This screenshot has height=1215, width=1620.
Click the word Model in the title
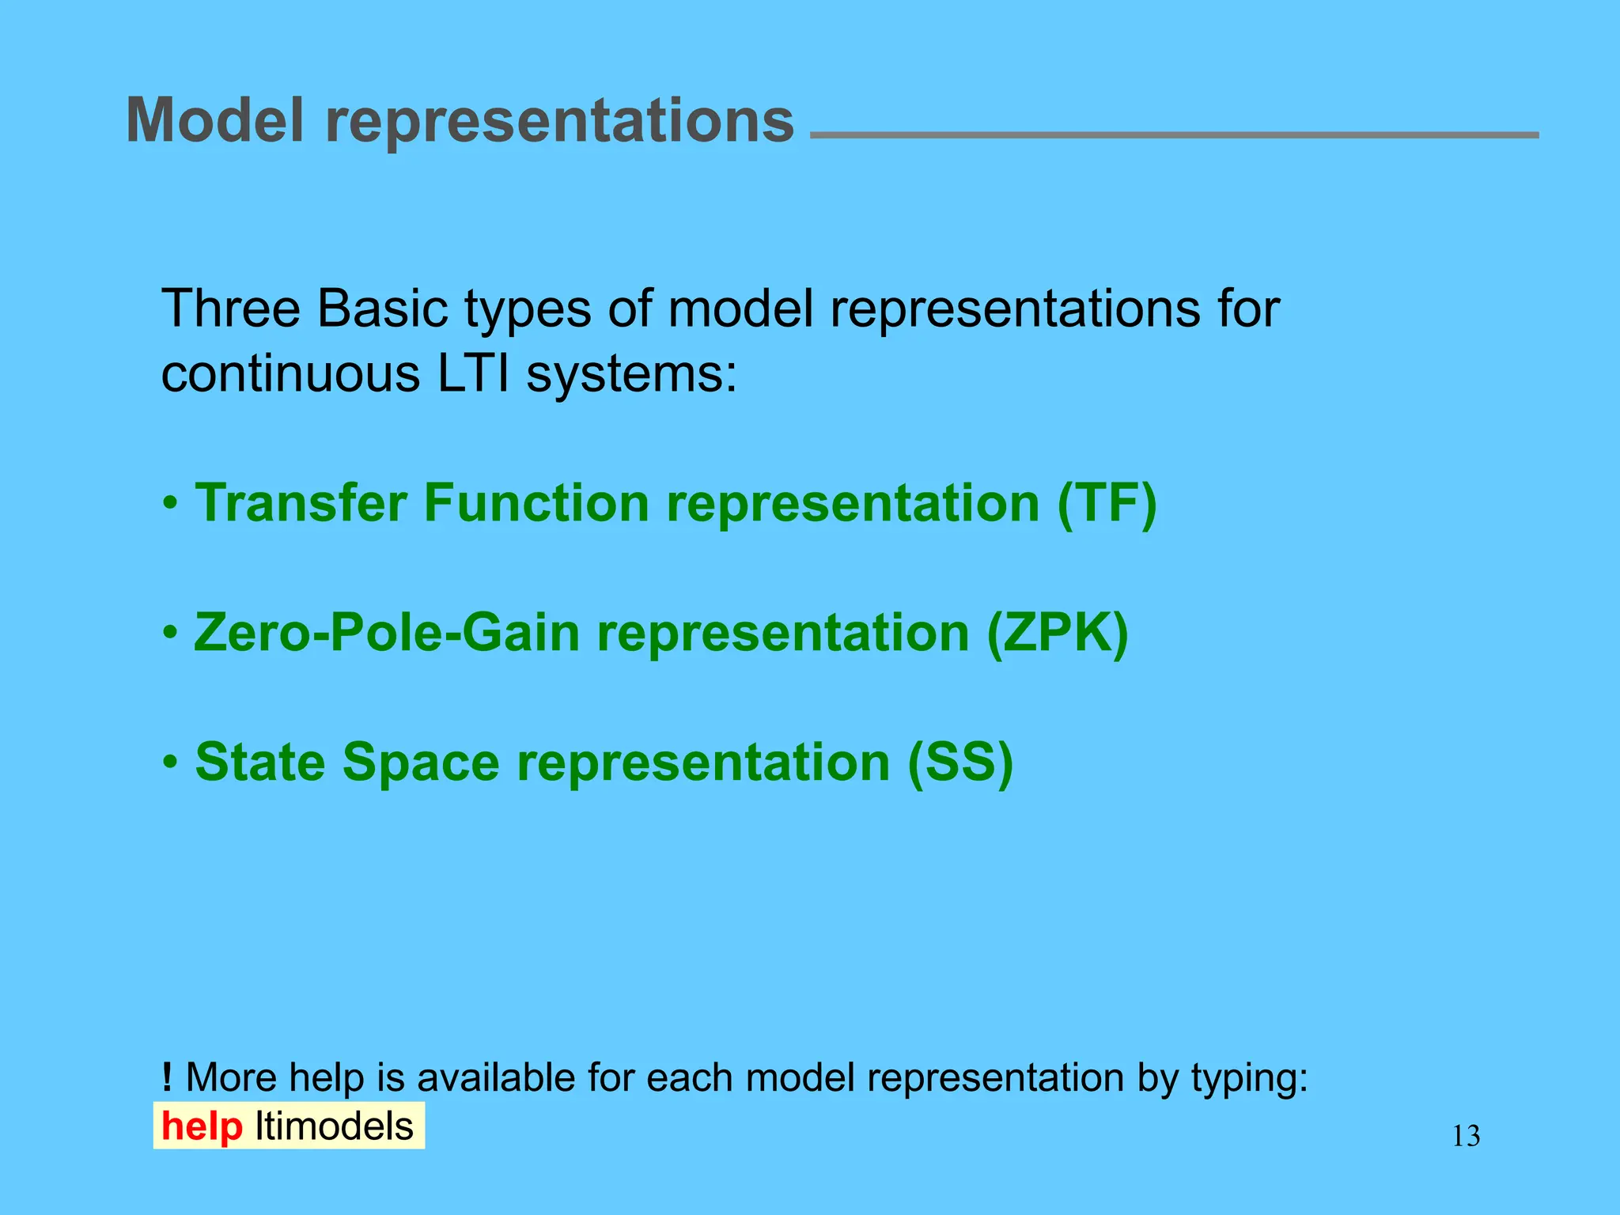tap(214, 120)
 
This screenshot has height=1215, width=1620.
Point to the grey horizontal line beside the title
tap(1174, 135)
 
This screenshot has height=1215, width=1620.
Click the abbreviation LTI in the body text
tap(473, 373)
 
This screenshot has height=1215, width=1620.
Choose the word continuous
tap(290, 375)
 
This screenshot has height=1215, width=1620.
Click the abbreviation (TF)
tap(1107, 503)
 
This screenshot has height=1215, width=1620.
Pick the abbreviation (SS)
tap(960, 763)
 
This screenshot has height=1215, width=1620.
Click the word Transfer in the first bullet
tap(301, 503)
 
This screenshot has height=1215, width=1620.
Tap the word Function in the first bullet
tap(536, 503)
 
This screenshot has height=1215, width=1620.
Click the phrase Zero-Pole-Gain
tap(387, 634)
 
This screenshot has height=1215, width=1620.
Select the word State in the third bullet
tap(260, 763)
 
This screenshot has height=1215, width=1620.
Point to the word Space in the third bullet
tap(421, 764)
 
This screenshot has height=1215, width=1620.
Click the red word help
tap(202, 1126)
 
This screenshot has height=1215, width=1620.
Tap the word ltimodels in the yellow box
tap(334, 1126)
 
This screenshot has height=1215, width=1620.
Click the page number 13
tap(1466, 1137)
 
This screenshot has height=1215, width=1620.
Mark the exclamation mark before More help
tap(166, 1077)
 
